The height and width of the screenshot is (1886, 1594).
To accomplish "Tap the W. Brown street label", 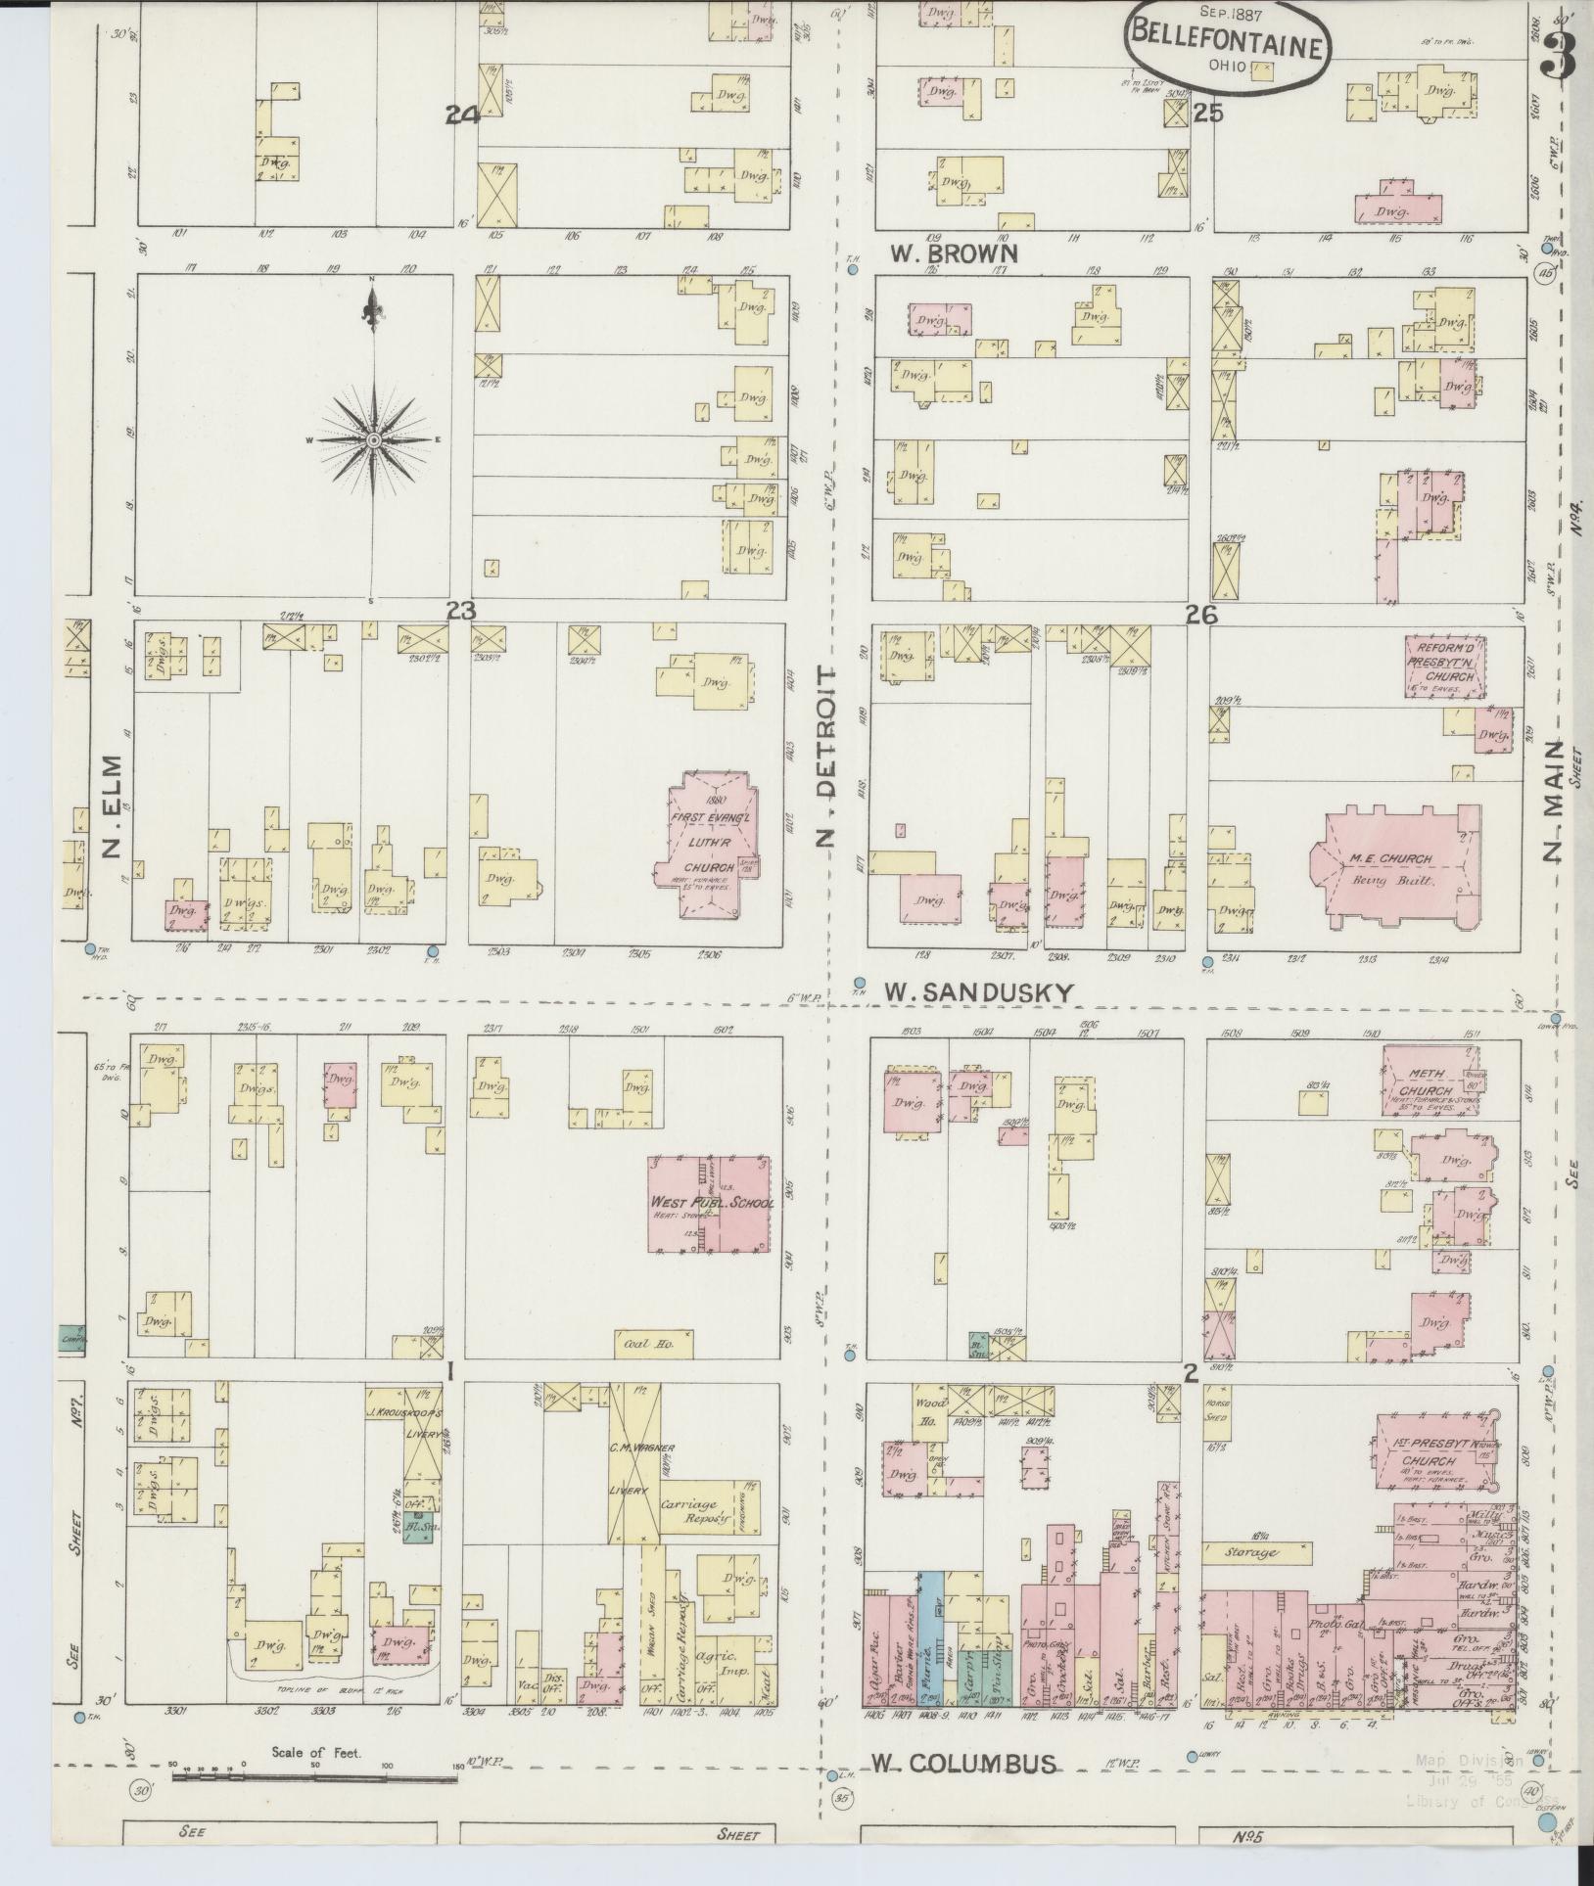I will click(x=954, y=253).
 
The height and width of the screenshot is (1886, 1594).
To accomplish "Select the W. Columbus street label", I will click(x=964, y=1764).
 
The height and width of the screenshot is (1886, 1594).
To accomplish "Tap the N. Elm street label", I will click(x=110, y=805).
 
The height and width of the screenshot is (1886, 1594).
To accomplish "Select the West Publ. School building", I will click(x=710, y=1204).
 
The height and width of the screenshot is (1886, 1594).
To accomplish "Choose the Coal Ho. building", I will click(x=653, y=1346).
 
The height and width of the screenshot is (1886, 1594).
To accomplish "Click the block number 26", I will click(x=1200, y=613).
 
